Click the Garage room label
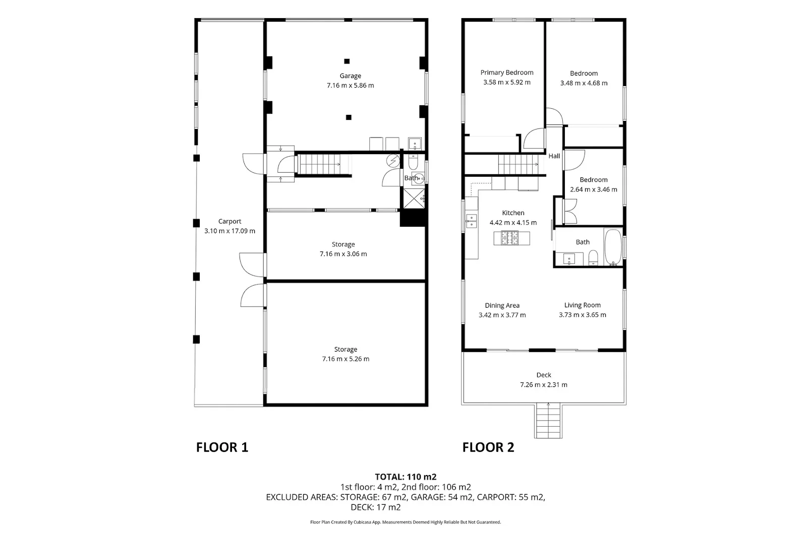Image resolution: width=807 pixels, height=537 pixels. (x=350, y=76)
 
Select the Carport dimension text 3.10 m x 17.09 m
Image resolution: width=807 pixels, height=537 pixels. (x=230, y=231)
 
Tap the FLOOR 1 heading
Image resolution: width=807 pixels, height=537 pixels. (x=222, y=447)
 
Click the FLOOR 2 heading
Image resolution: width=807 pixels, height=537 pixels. (x=488, y=447)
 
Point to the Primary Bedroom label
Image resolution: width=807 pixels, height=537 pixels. (x=507, y=73)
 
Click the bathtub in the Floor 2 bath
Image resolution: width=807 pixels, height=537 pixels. (x=613, y=247)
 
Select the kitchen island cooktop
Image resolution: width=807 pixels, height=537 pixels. (x=510, y=238)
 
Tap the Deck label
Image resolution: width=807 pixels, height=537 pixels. (x=544, y=375)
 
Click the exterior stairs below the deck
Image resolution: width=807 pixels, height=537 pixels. (x=548, y=421)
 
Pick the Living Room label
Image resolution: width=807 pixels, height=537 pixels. (x=582, y=305)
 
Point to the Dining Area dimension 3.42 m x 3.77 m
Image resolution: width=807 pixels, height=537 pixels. (x=502, y=315)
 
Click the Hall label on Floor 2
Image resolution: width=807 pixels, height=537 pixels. (x=554, y=156)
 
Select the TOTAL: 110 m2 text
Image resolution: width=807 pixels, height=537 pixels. (x=406, y=477)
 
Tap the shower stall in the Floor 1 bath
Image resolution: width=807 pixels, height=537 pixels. (x=414, y=198)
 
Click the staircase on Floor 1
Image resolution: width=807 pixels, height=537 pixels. (x=321, y=165)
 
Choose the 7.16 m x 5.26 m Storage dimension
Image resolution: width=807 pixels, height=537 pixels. (x=345, y=359)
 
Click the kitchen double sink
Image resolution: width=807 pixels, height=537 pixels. (x=471, y=221)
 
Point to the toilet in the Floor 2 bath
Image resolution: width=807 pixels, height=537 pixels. (x=593, y=258)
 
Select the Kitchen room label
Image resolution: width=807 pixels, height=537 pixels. (x=513, y=213)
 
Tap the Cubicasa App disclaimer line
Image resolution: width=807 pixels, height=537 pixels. (x=406, y=522)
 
